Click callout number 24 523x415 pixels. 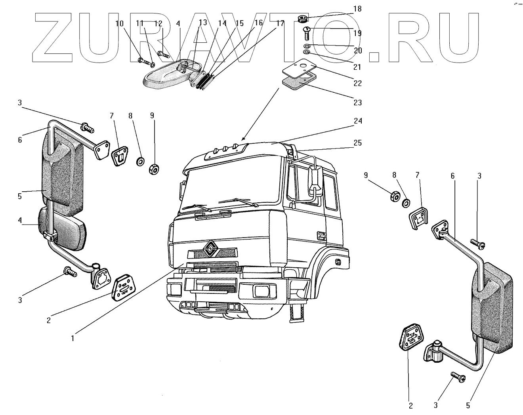pos(358,121)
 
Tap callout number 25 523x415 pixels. pos(358,143)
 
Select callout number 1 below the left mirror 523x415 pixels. pos(73,339)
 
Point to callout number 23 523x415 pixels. pos(358,103)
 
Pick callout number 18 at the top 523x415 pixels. pos(357,9)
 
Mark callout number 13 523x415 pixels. pos(203,23)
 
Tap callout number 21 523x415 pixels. pos(358,67)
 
